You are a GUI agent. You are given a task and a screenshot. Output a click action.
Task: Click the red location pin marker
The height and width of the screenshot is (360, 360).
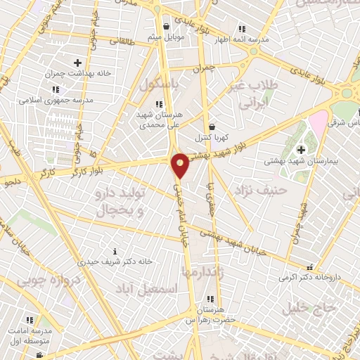180,164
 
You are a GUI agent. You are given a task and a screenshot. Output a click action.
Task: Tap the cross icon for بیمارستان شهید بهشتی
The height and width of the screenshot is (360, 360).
301,149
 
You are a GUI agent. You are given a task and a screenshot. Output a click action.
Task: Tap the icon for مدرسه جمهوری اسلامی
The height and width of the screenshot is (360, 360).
56,89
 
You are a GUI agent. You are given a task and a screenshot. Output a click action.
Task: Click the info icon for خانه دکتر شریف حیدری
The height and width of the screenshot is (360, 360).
115,251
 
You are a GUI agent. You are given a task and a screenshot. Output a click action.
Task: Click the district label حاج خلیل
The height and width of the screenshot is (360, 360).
305,307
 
